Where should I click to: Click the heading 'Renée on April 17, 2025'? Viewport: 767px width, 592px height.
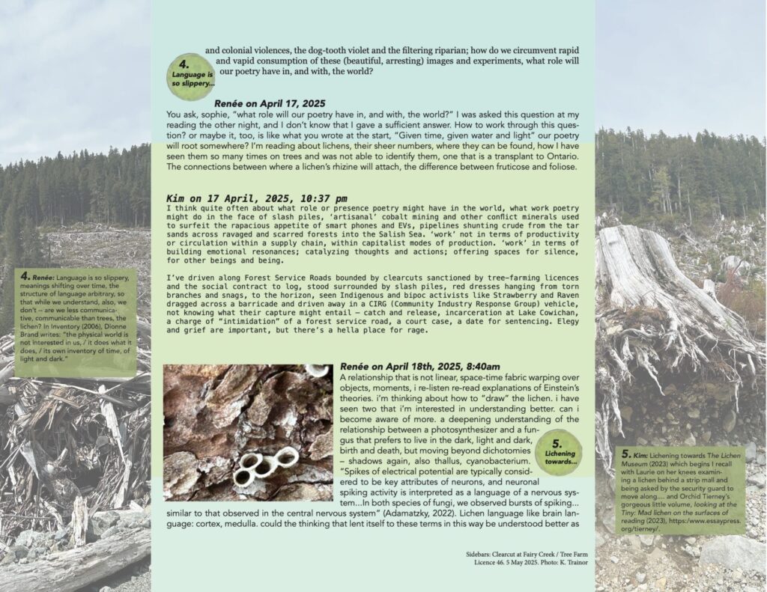[272, 103]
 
